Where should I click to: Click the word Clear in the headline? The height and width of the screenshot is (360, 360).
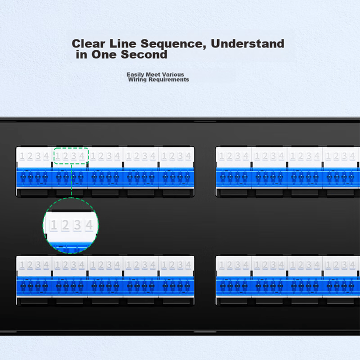(89, 43)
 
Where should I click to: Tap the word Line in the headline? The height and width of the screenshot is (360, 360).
(123, 43)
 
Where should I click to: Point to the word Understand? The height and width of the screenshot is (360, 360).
(247, 43)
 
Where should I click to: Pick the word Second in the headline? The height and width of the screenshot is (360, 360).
(144, 55)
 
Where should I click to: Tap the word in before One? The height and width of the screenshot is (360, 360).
(82, 55)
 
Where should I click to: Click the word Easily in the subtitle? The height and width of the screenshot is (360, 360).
(135, 75)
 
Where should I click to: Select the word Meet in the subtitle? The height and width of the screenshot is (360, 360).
(153, 74)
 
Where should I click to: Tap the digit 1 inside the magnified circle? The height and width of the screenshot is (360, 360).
(54, 225)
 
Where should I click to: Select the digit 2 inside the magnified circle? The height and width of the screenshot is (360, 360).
(66, 225)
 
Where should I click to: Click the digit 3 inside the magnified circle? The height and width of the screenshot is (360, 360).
(77, 225)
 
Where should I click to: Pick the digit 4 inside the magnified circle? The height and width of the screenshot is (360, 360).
(89, 225)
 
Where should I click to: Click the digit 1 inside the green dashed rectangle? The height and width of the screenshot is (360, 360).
(58, 156)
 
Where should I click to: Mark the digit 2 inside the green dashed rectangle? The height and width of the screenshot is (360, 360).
(66, 156)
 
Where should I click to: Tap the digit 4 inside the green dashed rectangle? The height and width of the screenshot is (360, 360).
(82, 156)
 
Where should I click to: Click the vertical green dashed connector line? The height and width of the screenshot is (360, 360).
(71, 181)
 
